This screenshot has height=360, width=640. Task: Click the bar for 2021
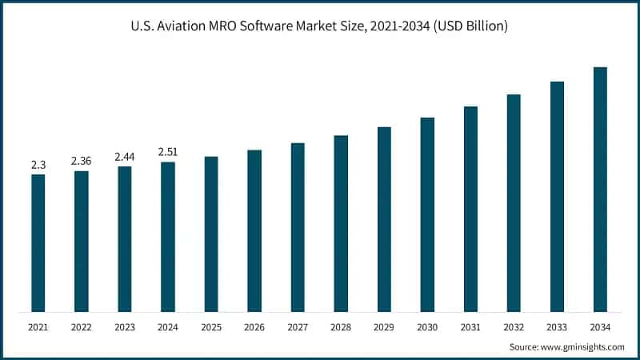[x=38, y=243]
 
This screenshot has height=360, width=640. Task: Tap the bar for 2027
[x=298, y=227]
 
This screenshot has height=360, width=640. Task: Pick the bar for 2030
[x=427, y=214]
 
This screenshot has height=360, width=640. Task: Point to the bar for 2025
[x=211, y=234]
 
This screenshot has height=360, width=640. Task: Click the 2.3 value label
[x=38, y=165]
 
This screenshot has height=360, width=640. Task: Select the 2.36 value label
[x=81, y=161]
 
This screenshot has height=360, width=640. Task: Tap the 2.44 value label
[x=124, y=157]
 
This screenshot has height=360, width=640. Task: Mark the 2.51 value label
[x=167, y=152]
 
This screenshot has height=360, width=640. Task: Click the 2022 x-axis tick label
[x=81, y=327]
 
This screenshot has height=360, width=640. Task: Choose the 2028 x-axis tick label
[x=341, y=327]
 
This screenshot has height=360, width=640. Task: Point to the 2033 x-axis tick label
[x=557, y=327]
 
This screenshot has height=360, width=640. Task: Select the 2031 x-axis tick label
[x=470, y=327]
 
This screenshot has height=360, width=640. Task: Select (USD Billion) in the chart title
[x=470, y=26]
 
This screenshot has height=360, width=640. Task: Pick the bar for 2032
[x=514, y=203]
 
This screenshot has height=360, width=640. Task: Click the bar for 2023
[x=124, y=239]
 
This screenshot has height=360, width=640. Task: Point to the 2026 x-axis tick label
[x=254, y=327]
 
